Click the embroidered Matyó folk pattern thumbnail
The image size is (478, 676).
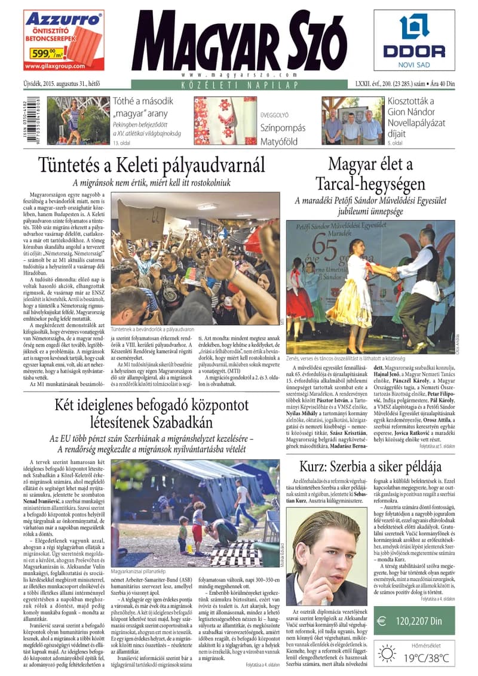click(225, 120)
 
